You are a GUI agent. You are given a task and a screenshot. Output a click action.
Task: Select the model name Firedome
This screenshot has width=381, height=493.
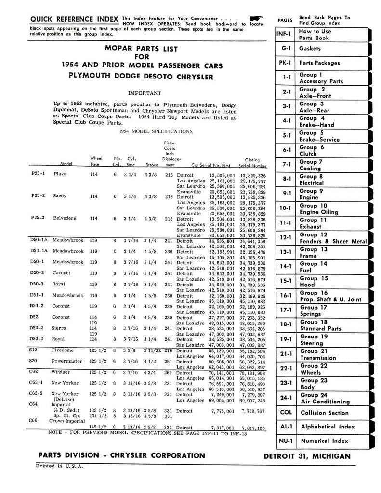[63, 350]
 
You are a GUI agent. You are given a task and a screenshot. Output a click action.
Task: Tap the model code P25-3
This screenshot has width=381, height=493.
[38, 218]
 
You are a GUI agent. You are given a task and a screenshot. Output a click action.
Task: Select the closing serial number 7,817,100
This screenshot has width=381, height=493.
[252, 428]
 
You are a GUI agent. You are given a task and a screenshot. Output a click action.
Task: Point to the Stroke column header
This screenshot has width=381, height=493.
[152, 164]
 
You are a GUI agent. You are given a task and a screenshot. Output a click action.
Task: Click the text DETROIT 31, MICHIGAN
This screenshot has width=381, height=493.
[307, 456]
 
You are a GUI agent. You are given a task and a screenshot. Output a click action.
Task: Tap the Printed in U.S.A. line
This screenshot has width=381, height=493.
[59, 466]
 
